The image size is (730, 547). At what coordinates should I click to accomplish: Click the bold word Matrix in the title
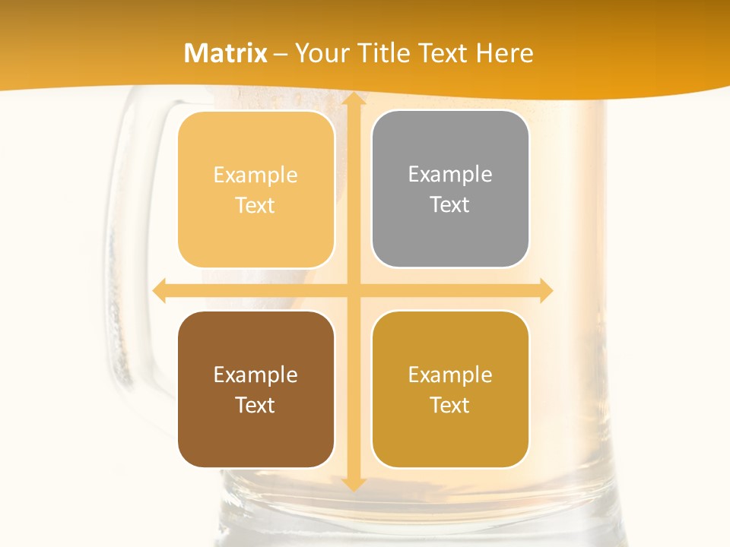pyautogui.click(x=226, y=53)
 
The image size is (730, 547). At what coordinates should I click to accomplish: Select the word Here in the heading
pyautogui.click(x=505, y=53)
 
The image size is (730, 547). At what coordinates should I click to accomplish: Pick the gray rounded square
pyautogui.click(x=450, y=189)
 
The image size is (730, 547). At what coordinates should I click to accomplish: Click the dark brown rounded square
pyautogui.click(x=255, y=389)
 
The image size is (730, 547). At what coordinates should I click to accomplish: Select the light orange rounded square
pyautogui.click(x=255, y=189)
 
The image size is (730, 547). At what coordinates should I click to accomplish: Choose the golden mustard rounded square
pyautogui.click(x=450, y=389)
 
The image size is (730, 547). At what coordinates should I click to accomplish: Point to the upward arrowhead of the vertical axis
pyautogui.click(x=353, y=98)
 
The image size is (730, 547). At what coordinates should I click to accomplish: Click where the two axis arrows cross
pyautogui.click(x=353, y=290)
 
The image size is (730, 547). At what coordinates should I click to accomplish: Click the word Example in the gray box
pyautogui.click(x=450, y=175)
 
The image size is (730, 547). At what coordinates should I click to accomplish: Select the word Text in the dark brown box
pyautogui.click(x=255, y=405)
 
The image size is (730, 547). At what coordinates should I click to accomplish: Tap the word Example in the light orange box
pyautogui.click(x=255, y=175)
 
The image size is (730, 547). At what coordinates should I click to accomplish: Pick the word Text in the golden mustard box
pyautogui.click(x=450, y=405)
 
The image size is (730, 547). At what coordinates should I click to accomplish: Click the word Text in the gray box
pyautogui.click(x=450, y=205)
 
